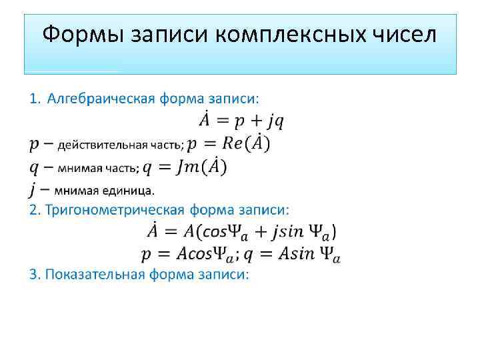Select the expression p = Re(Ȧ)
pos(229,143)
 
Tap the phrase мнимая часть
pos(96,167)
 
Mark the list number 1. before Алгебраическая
pos(34,99)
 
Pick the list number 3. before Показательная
pos(34,275)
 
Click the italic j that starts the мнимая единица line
pos(33,190)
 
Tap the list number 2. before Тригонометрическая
pos(34,211)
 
